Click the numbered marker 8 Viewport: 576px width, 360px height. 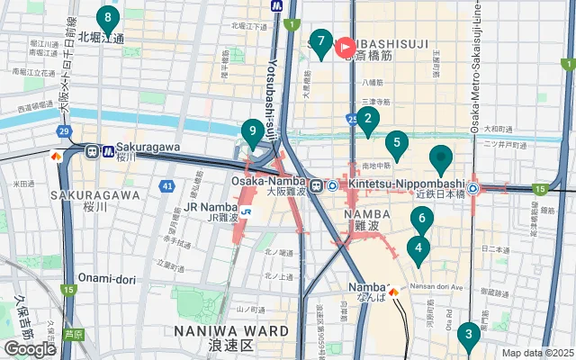point(108,18)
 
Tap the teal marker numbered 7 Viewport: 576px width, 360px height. point(320,41)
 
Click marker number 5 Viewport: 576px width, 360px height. point(396,143)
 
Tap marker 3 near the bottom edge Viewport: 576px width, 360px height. point(467,336)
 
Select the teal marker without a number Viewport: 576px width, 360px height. point(440,158)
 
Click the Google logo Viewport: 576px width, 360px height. point(30,349)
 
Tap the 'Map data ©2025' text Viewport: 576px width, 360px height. point(537,353)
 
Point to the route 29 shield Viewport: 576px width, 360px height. point(63,132)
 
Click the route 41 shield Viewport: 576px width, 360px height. point(167,186)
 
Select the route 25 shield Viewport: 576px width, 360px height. point(351,119)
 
